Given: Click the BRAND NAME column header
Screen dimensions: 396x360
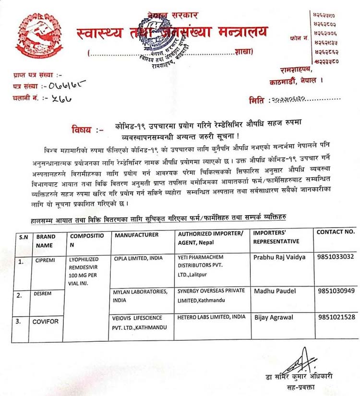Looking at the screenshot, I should (x=46, y=240).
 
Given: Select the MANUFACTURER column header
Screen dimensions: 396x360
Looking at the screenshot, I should (x=137, y=235).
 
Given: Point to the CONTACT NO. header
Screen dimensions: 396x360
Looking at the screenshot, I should (x=336, y=232).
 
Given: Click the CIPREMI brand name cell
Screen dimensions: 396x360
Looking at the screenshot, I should (x=46, y=261).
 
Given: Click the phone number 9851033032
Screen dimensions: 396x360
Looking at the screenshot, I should (x=336, y=257).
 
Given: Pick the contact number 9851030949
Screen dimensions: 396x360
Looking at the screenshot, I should (x=336, y=290).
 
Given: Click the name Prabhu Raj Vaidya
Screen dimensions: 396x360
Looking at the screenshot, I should (x=279, y=257).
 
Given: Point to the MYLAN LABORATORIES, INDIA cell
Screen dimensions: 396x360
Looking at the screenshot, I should (x=140, y=295).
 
